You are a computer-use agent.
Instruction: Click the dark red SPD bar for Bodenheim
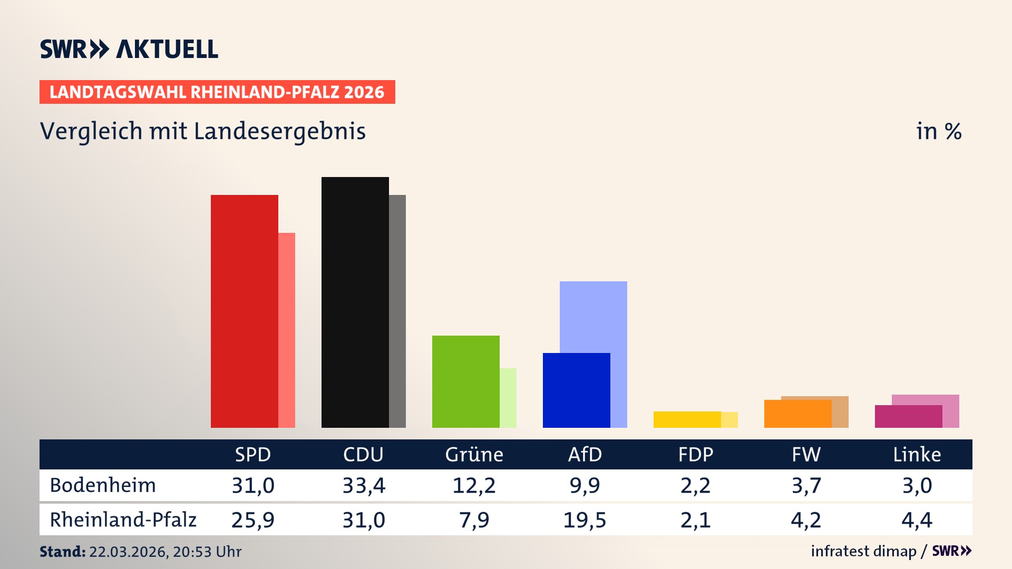[245, 311]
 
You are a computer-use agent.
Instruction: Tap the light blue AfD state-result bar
[593, 316]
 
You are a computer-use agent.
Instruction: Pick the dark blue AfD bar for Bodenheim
[577, 390]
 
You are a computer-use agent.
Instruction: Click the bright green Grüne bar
[466, 381]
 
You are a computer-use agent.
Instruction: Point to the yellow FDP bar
[687, 419]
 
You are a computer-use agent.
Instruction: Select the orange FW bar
[798, 414]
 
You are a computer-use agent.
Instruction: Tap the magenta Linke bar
[909, 416]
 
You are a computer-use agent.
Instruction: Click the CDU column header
[363, 454]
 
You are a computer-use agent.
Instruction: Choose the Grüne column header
[474, 454]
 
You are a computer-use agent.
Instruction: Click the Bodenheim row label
[103, 485]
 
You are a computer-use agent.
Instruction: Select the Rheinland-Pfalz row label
[123, 520]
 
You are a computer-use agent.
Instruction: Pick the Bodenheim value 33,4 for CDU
[364, 485]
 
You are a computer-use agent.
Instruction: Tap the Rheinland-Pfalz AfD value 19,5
[585, 520]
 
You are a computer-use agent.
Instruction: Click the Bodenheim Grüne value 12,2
[474, 485]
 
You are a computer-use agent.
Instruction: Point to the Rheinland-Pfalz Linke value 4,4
[917, 520]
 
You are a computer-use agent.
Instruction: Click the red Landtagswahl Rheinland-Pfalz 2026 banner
[217, 92]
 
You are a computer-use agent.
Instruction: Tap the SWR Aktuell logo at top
[129, 49]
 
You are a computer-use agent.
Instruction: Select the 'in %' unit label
[939, 131]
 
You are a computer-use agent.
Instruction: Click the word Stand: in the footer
[62, 552]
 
